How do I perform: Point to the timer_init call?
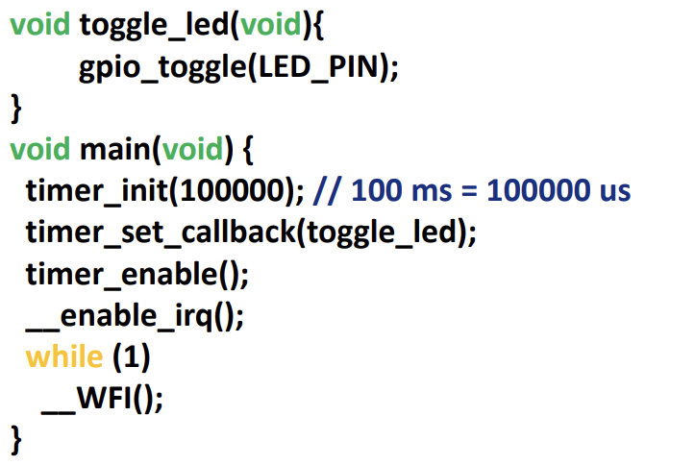(96, 190)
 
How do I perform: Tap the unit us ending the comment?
(612, 190)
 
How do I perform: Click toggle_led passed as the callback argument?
(381, 232)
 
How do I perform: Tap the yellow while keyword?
(63, 355)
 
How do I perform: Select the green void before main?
(39, 149)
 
